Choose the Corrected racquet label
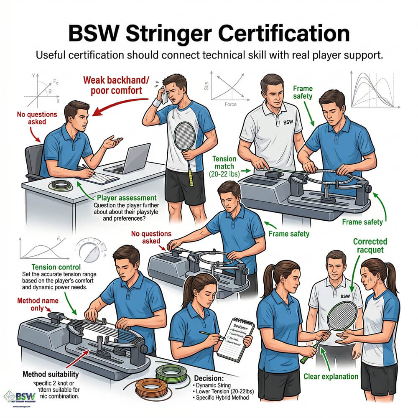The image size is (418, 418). (x=370, y=246)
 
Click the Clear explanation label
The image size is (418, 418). (x=331, y=376)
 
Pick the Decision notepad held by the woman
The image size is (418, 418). (x=236, y=337)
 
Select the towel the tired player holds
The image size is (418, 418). (x=166, y=97)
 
